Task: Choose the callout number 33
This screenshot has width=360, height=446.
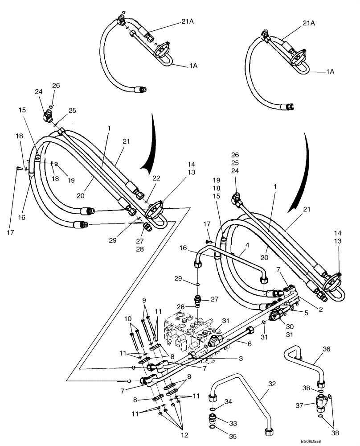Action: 233,423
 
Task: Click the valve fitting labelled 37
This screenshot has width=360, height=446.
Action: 320,402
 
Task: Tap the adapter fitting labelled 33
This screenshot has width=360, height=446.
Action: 214,420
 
